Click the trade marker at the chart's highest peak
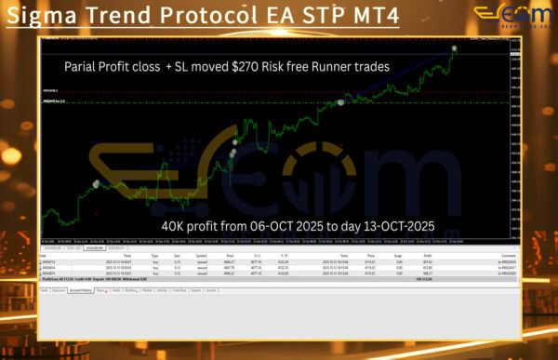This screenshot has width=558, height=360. tap(455, 47)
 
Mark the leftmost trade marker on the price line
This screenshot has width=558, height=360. tap(94, 185)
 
